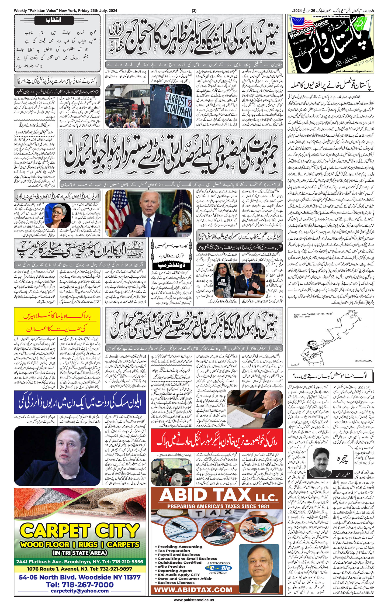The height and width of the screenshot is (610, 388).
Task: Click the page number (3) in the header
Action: point(194,11)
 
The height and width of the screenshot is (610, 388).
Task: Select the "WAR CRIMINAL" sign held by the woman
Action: point(223,283)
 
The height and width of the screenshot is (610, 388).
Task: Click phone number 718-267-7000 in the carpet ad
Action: point(80,585)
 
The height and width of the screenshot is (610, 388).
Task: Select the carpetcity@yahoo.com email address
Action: point(80,591)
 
